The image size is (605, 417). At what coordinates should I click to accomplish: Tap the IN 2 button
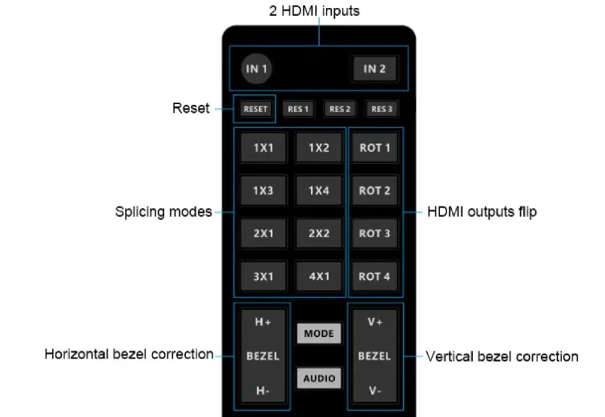pos(375,69)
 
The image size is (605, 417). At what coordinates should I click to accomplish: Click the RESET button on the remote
pos(256,109)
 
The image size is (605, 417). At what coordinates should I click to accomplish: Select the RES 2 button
pos(340,109)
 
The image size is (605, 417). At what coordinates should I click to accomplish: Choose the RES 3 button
pos(381,109)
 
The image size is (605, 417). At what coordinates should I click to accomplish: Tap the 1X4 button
pos(318,190)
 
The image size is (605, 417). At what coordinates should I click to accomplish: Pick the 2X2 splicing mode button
pos(318,234)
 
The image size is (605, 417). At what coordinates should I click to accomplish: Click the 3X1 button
pos(264,276)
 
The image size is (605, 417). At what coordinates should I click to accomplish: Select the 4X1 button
pos(318,276)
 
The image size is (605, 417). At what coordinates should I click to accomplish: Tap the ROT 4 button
pos(374,276)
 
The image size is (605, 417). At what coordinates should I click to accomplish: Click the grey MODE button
pos(318,334)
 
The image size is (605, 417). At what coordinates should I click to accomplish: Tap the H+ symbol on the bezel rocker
pos(263,322)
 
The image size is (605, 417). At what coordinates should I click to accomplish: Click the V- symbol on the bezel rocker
pos(374,391)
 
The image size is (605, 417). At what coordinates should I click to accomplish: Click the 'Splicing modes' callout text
pos(163,212)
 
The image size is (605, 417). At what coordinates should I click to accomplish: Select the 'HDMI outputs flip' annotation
pos(482,212)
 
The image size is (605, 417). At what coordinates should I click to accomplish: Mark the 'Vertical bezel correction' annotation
pos(502,356)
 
